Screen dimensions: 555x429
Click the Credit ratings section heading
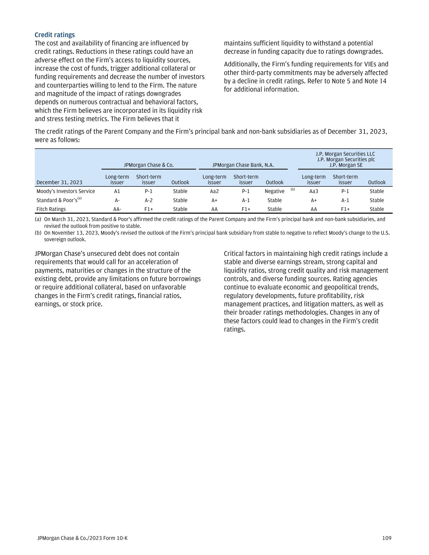click(55, 35)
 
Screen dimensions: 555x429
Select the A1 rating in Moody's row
click(117, 191)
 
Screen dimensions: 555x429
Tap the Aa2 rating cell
click(214, 191)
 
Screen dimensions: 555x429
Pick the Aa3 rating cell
click(314, 191)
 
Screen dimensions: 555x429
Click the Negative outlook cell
click(275, 191)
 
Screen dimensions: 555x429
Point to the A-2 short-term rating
click(149, 200)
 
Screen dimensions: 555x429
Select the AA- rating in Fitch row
click(117, 209)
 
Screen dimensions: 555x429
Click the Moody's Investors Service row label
click(66, 191)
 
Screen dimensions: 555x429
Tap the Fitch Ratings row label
click(51, 209)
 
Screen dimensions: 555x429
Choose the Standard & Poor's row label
click(57, 200)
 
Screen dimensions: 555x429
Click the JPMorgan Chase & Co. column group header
click(149, 165)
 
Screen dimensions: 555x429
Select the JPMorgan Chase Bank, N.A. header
click(243, 165)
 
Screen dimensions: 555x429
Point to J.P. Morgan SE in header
click(346, 165)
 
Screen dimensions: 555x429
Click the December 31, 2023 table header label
click(60, 182)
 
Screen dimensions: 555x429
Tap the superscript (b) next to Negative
click(293, 189)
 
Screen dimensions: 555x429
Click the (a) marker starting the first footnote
click(38, 219)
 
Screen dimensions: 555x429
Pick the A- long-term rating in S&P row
click(117, 200)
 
